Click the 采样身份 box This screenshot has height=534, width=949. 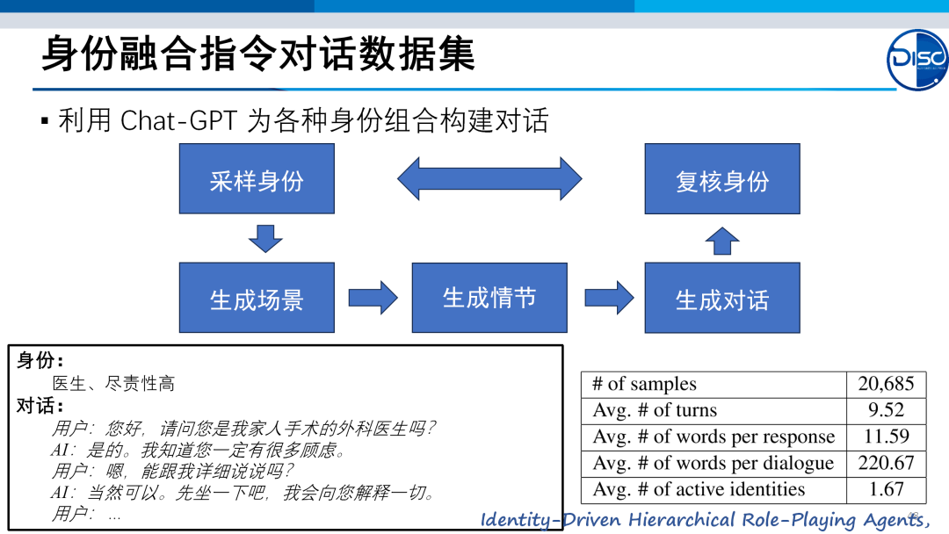pyautogui.click(x=257, y=178)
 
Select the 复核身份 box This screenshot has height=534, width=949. pyautogui.click(x=722, y=179)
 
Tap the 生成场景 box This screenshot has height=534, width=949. pyautogui.click(x=257, y=298)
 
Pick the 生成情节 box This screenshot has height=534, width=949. pyautogui.click(x=489, y=298)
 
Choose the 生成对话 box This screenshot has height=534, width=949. pyautogui.click(x=722, y=298)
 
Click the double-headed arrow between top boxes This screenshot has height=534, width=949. pyautogui.click(x=489, y=178)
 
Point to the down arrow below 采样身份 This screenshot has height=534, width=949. pyautogui.click(x=265, y=238)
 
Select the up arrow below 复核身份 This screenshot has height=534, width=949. pyautogui.click(x=722, y=241)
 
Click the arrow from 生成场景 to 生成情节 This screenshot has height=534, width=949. pyautogui.click(x=373, y=298)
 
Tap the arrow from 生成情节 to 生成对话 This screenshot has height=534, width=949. pyautogui.click(x=609, y=298)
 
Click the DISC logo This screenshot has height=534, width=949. pyautogui.click(x=917, y=60)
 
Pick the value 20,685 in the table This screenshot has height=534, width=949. pyautogui.click(x=886, y=384)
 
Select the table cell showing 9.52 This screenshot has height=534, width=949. pyautogui.click(x=886, y=410)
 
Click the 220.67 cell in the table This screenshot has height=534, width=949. pyautogui.click(x=886, y=463)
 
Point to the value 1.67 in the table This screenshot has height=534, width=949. pyautogui.click(x=886, y=489)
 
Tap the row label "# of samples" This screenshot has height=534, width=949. pyautogui.click(x=644, y=384)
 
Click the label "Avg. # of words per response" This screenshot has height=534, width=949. pyautogui.click(x=714, y=437)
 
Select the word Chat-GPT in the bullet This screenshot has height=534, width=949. pyautogui.click(x=178, y=120)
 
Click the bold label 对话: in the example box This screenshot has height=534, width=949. pyautogui.click(x=40, y=406)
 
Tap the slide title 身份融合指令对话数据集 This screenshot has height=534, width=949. pyautogui.click(x=258, y=54)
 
